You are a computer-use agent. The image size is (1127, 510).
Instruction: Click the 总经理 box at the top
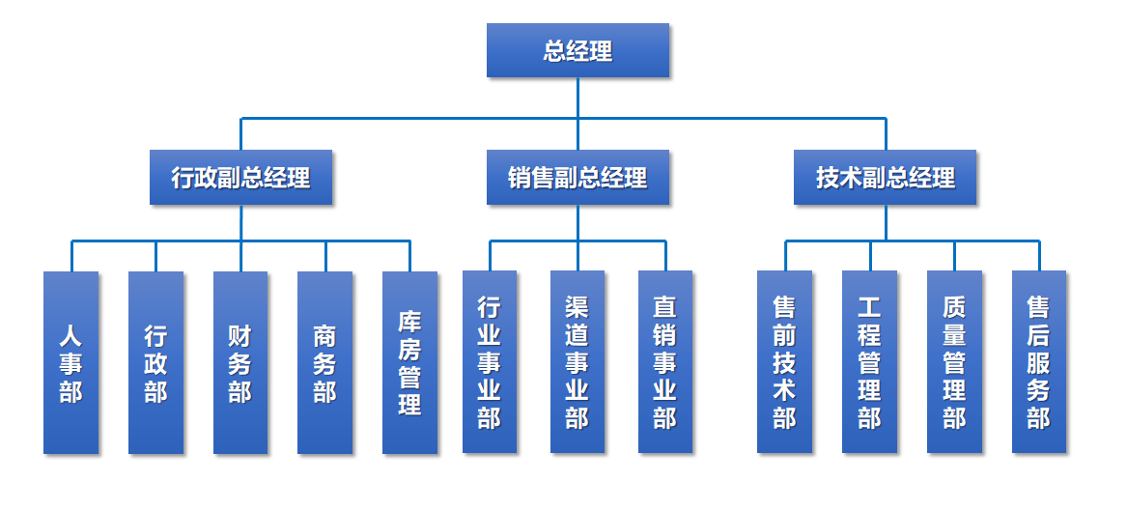[x=578, y=50]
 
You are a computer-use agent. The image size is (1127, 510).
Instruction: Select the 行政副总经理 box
[x=240, y=178]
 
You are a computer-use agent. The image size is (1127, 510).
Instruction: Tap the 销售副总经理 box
[x=578, y=178]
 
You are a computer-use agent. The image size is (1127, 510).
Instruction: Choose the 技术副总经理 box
[x=885, y=178]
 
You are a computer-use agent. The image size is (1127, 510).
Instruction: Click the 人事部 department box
[x=70, y=362]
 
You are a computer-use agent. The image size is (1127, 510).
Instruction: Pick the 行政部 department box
[x=155, y=362]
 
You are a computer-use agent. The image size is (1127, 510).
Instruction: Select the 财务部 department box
[x=240, y=362]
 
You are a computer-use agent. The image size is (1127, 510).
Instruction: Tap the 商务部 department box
[x=324, y=362]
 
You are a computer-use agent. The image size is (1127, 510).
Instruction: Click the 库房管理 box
[x=409, y=362]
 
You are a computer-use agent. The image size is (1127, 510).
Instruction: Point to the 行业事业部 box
[x=490, y=362]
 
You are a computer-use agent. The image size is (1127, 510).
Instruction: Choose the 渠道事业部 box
[x=578, y=362]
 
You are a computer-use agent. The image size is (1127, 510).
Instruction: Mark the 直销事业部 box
[x=665, y=362]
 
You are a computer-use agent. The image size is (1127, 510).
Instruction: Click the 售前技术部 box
[x=784, y=362]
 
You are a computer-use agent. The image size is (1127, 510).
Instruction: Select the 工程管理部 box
[x=869, y=362]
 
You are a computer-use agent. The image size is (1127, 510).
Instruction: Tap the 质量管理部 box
[x=954, y=362]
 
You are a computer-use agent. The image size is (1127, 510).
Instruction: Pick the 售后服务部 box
[x=1039, y=362]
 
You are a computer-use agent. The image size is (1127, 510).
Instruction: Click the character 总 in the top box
[x=554, y=50]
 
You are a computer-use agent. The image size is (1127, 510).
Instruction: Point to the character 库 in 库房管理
[x=409, y=321]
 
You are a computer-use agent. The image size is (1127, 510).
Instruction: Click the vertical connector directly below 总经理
[x=578, y=98]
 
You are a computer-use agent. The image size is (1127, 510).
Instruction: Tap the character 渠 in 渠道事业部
[x=578, y=307]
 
